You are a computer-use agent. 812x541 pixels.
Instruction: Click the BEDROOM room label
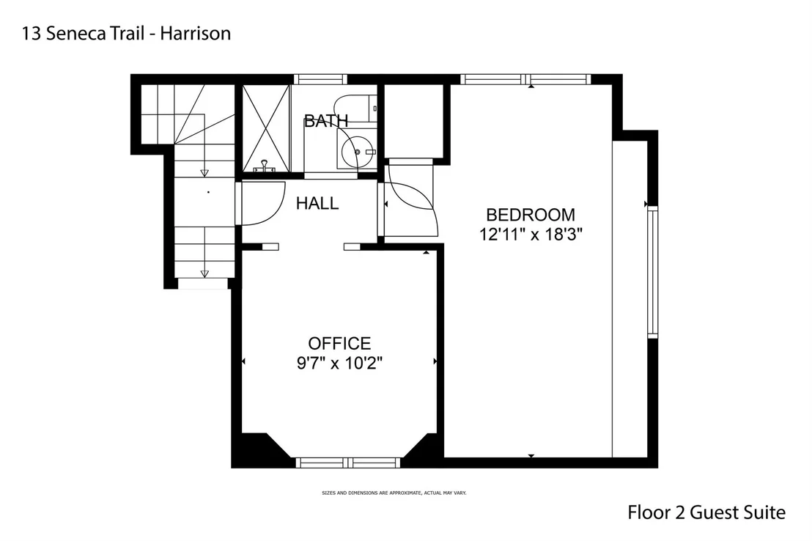[531, 215]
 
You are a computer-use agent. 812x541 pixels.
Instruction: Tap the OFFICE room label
[340, 344]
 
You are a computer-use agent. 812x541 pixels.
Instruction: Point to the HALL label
[317, 203]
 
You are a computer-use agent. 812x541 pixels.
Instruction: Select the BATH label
[325, 121]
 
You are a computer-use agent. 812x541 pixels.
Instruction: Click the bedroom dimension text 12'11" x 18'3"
[531, 235]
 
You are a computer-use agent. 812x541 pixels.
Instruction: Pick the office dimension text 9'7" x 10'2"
[340, 364]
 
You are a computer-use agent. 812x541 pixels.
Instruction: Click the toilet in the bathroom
[355, 108]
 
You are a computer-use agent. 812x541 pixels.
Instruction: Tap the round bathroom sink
[356, 150]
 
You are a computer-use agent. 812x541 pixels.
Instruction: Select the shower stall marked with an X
[266, 128]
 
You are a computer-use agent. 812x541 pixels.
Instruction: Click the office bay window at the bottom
[348, 463]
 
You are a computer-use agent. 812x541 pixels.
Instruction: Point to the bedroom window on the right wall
[652, 272]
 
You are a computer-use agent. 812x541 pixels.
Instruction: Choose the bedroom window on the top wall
[525, 79]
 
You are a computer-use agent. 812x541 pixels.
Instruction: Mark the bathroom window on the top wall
[320, 79]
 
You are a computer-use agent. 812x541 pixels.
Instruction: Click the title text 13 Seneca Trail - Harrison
[126, 34]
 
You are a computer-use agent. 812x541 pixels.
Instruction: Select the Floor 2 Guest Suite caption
[706, 512]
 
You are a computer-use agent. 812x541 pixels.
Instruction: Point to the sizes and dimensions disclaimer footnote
[394, 493]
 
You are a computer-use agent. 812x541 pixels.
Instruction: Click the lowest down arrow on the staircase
[204, 273]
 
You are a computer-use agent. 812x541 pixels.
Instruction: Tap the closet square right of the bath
[413, 121]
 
